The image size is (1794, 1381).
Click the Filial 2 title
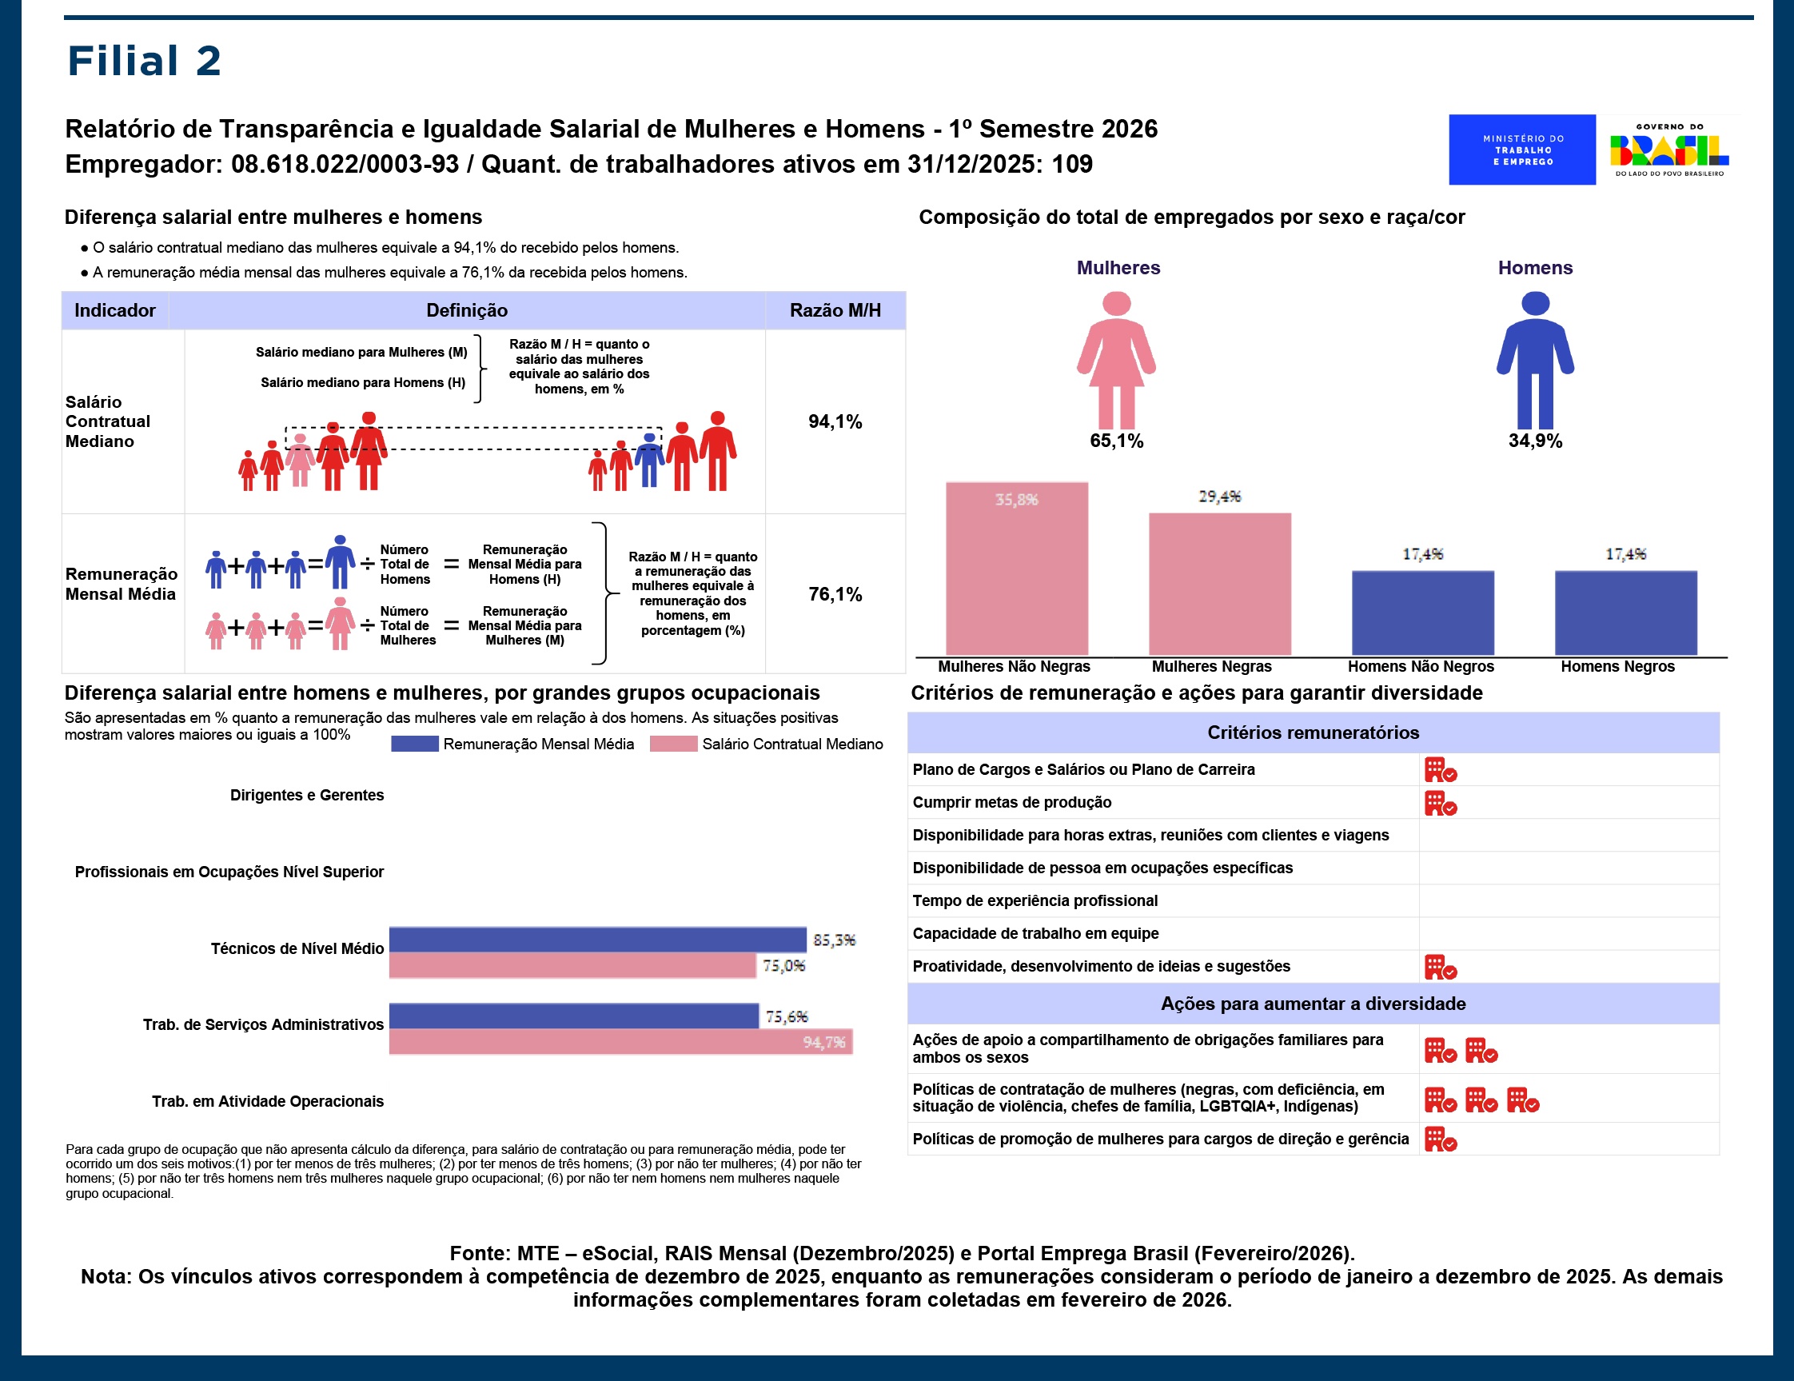144,62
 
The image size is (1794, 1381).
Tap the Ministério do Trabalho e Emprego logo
1521,150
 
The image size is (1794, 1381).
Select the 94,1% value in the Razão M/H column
835,421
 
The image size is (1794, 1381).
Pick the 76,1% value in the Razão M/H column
835,594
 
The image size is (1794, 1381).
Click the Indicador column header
114,310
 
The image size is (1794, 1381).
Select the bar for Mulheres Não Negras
1016,569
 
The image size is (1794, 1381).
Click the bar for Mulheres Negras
1219,584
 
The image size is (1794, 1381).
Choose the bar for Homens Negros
1625,613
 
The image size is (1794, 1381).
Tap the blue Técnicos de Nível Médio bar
597,939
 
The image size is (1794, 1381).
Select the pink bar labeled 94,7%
620,1042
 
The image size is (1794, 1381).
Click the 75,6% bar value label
786,1016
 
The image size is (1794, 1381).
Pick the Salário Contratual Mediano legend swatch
673,744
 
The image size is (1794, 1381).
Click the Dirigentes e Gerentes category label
306,795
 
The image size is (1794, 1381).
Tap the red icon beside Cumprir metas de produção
1439,803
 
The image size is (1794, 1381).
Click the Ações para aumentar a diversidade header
1312,1003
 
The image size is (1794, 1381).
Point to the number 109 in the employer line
1072,164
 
